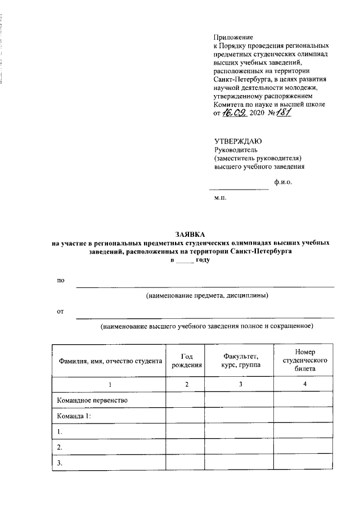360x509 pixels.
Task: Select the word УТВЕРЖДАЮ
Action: (238, 141)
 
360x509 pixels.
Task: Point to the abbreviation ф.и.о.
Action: (283, 183)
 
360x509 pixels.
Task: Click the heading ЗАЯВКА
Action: (191, 233)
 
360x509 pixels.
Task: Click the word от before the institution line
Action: (60, 310)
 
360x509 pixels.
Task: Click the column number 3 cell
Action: (240, 384)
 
